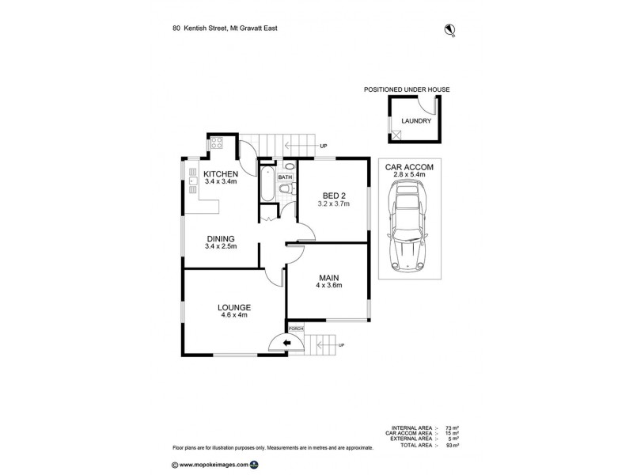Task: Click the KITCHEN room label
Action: pos(221,173)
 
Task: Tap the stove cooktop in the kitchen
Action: pos(217,145)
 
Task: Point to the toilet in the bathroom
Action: pos(288,188)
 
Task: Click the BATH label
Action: pos(284,177)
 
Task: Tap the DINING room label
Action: pos(221,237)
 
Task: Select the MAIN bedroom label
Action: pos(329,277)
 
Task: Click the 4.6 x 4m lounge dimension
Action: pos(236,315)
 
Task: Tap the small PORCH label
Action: pos(295,328)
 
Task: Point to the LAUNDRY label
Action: pos(416,121)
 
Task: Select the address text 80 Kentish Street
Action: pos(200,28)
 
